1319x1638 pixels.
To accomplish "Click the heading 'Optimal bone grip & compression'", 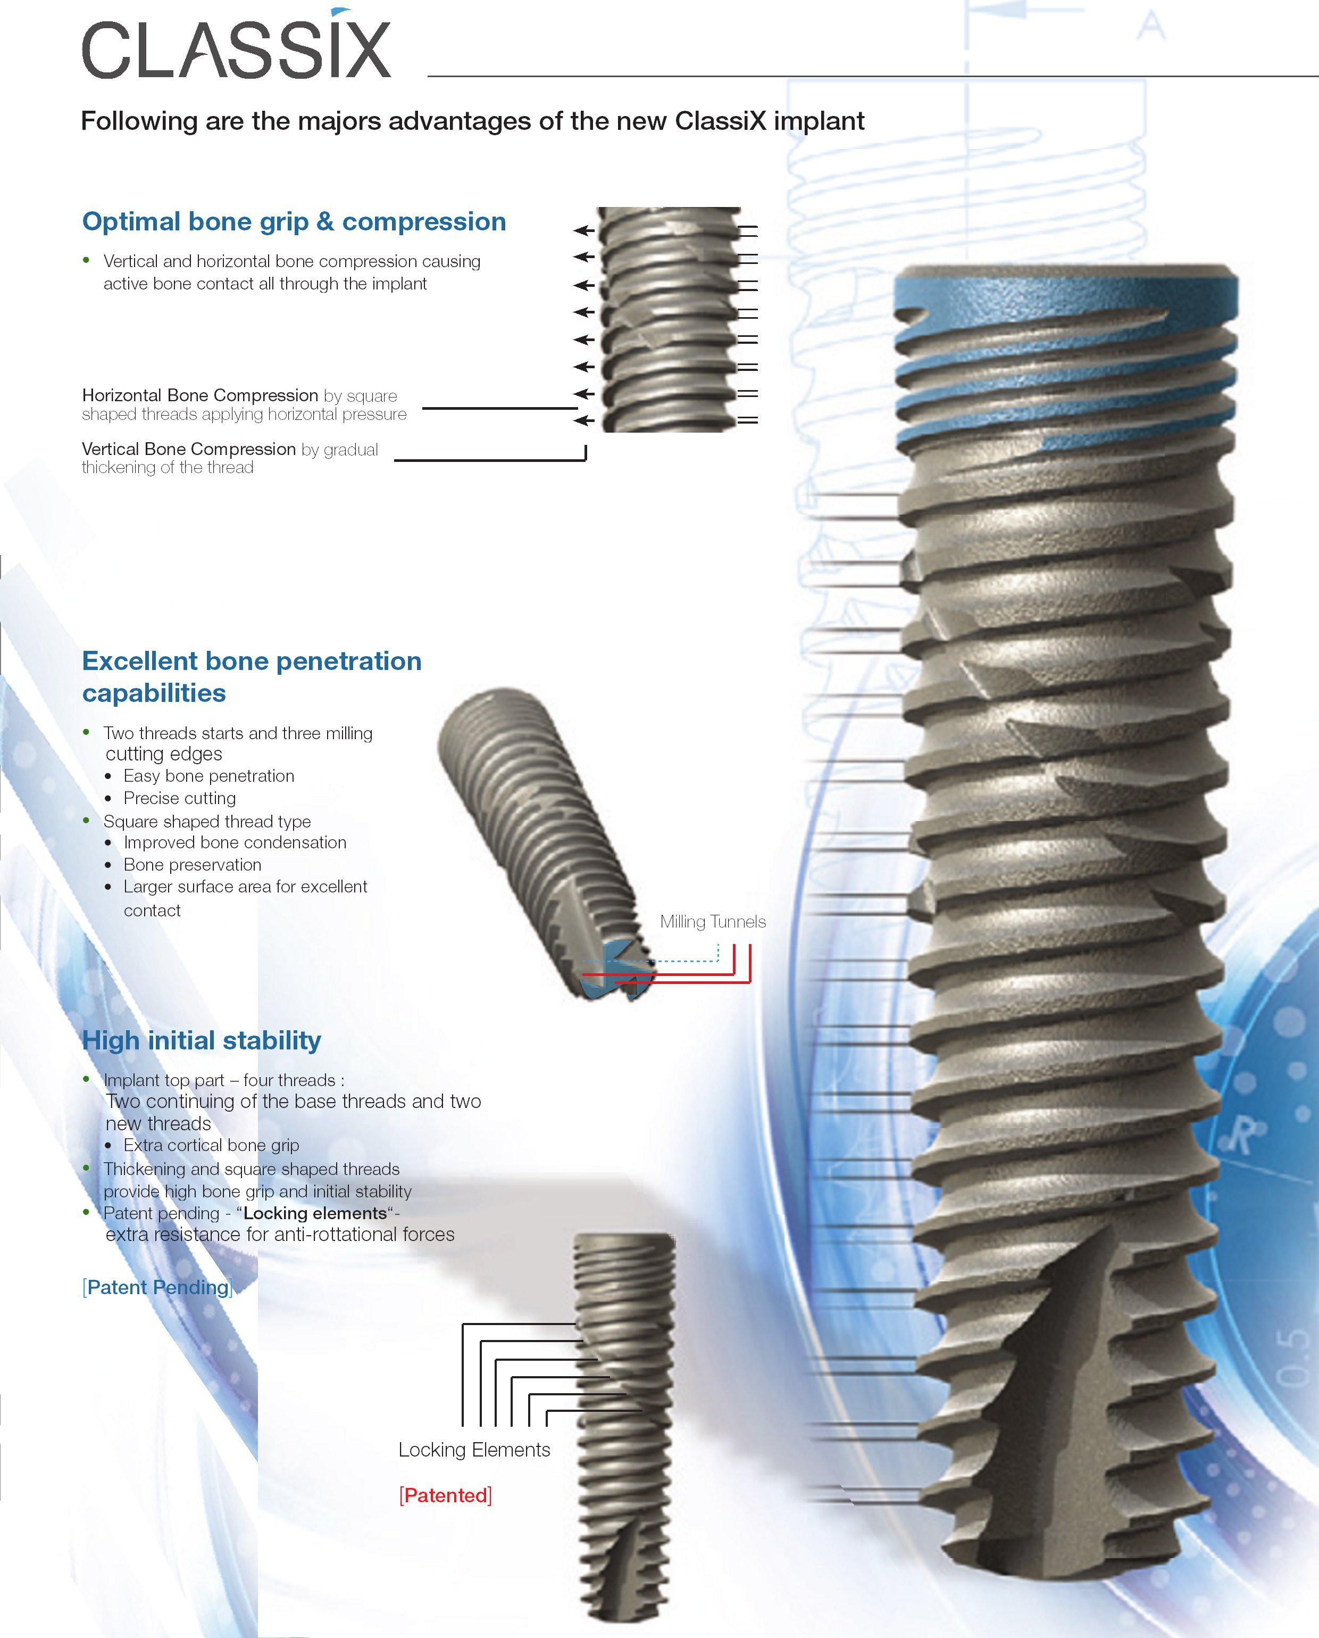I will (294, 221).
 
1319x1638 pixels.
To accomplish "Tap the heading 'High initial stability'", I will (202, 1040).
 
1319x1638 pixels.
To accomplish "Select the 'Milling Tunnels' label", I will (712, 921).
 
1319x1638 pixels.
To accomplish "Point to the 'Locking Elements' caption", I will (474, 1450).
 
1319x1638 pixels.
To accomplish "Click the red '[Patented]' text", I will (445, 1495).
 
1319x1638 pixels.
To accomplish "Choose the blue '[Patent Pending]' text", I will (157, 1287).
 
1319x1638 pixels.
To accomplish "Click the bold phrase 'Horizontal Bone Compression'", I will (200, 395).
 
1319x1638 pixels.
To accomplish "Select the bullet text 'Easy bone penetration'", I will (209, 776).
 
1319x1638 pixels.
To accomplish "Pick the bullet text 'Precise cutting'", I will (180, 798).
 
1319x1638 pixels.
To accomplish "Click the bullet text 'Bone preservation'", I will (192, 865).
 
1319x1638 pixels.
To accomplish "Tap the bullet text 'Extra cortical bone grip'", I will (211, 1145).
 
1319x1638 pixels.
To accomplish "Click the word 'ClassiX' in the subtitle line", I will (720, 121).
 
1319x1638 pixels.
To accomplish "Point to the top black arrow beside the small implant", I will (583, 229).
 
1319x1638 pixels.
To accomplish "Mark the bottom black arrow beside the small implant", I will (583, 420).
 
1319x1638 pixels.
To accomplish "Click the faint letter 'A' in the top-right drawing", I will (1151, 27).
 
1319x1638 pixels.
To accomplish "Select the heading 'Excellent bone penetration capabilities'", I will (252, 676).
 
